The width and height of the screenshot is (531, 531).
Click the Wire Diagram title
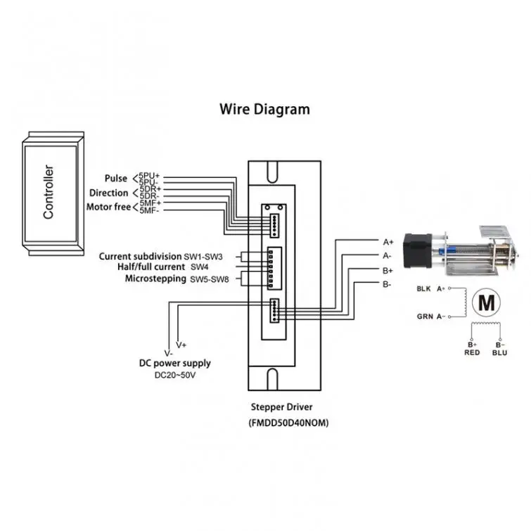(x=264, y=110)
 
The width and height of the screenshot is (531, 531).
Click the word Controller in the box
(x=49, y=192)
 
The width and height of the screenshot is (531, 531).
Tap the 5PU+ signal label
(x=149, y=176)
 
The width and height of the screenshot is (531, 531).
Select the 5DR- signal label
(x=149, y=196)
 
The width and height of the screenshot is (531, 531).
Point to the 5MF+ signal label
(x=151, y=203)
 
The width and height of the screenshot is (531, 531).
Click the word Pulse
(x=116, y=178)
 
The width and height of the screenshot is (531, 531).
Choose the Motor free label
(x=108, y=207)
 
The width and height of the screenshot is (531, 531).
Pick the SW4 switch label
(x=200, y=267)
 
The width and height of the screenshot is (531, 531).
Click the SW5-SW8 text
(x=210, y=279)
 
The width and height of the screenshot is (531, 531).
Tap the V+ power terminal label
(x=181, y=345)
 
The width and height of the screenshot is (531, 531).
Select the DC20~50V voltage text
(x=175, y=376)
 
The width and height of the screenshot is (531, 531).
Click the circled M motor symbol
(x=486, y=302)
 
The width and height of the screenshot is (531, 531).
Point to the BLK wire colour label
(x=423, y=288)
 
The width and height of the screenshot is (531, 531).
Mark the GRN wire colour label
(x=425, y=316)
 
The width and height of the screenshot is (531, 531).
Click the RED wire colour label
(x=472, y=352)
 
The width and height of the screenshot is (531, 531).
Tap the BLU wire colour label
(x=499, y=352)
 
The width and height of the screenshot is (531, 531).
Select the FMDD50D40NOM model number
(x=288, y=423)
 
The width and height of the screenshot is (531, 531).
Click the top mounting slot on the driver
(x=272, y=172)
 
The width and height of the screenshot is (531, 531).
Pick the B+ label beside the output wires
(x=388, y=271)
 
